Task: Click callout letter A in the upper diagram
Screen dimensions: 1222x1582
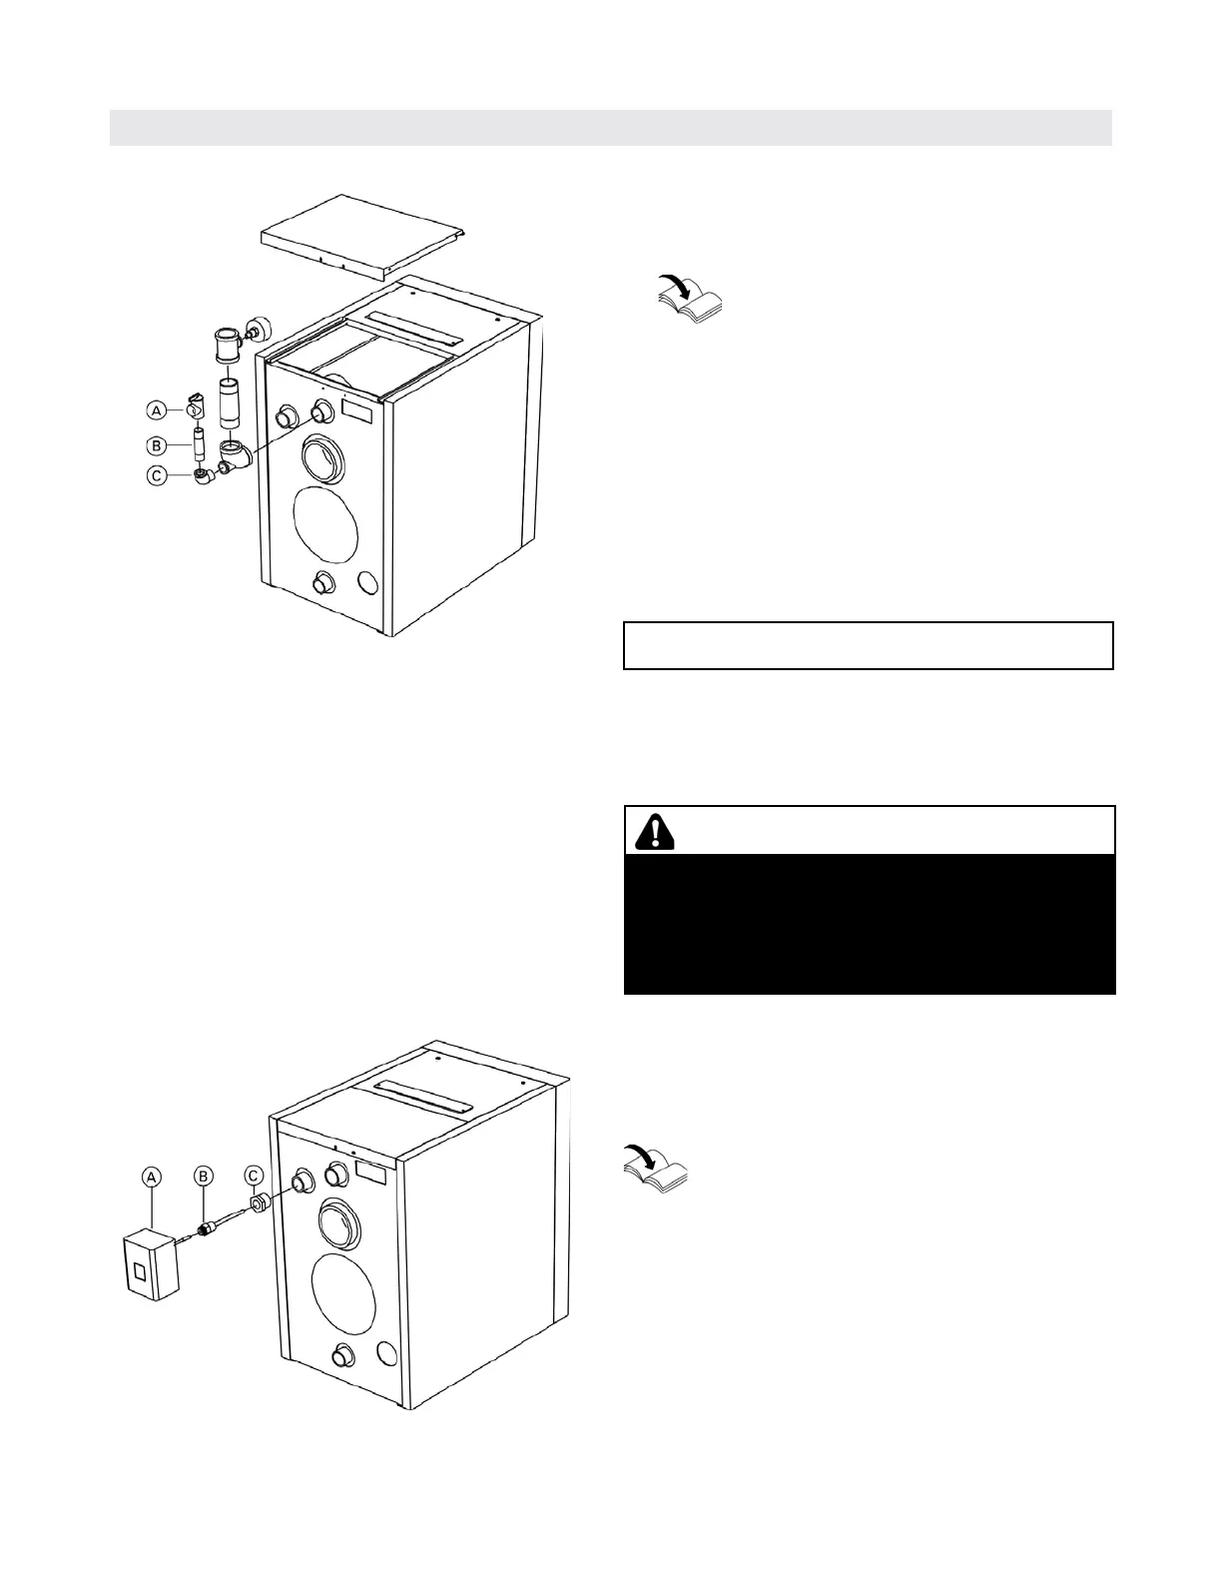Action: tap(156, 409)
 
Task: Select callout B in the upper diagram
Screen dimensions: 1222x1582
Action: tap(156, 443)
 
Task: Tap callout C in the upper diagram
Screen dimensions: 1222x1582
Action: tap(156, 475)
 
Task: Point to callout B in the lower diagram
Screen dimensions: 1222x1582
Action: tap(203, 1178)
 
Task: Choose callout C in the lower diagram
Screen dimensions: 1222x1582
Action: tap(255, 1178)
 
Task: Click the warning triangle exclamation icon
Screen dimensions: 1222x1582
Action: tap(653, 831)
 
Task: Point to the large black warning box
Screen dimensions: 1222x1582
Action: tap(869, 923)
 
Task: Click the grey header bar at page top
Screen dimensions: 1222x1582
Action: tap(610, 128)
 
